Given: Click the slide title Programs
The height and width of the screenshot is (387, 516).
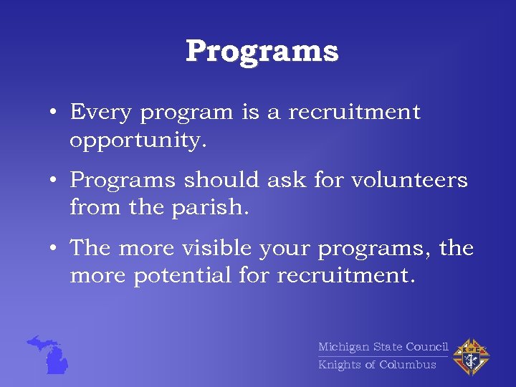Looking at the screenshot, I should click(x=262, y=52).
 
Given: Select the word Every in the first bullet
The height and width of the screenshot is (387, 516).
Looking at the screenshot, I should click(x=101, y=113).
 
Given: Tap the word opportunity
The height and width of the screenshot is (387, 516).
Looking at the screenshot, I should click(x=138, y=141).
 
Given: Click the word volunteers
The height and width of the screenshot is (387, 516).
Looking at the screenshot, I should click(x=409, y=180).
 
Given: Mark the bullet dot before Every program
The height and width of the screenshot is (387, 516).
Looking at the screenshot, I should click(x=54, y=113).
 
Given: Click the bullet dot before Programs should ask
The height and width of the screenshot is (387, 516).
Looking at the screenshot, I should click(x=54, y=181).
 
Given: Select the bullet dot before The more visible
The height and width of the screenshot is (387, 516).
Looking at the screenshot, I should click(x=54, y=249).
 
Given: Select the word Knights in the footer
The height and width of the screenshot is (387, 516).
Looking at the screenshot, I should click(x=340, y=365).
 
